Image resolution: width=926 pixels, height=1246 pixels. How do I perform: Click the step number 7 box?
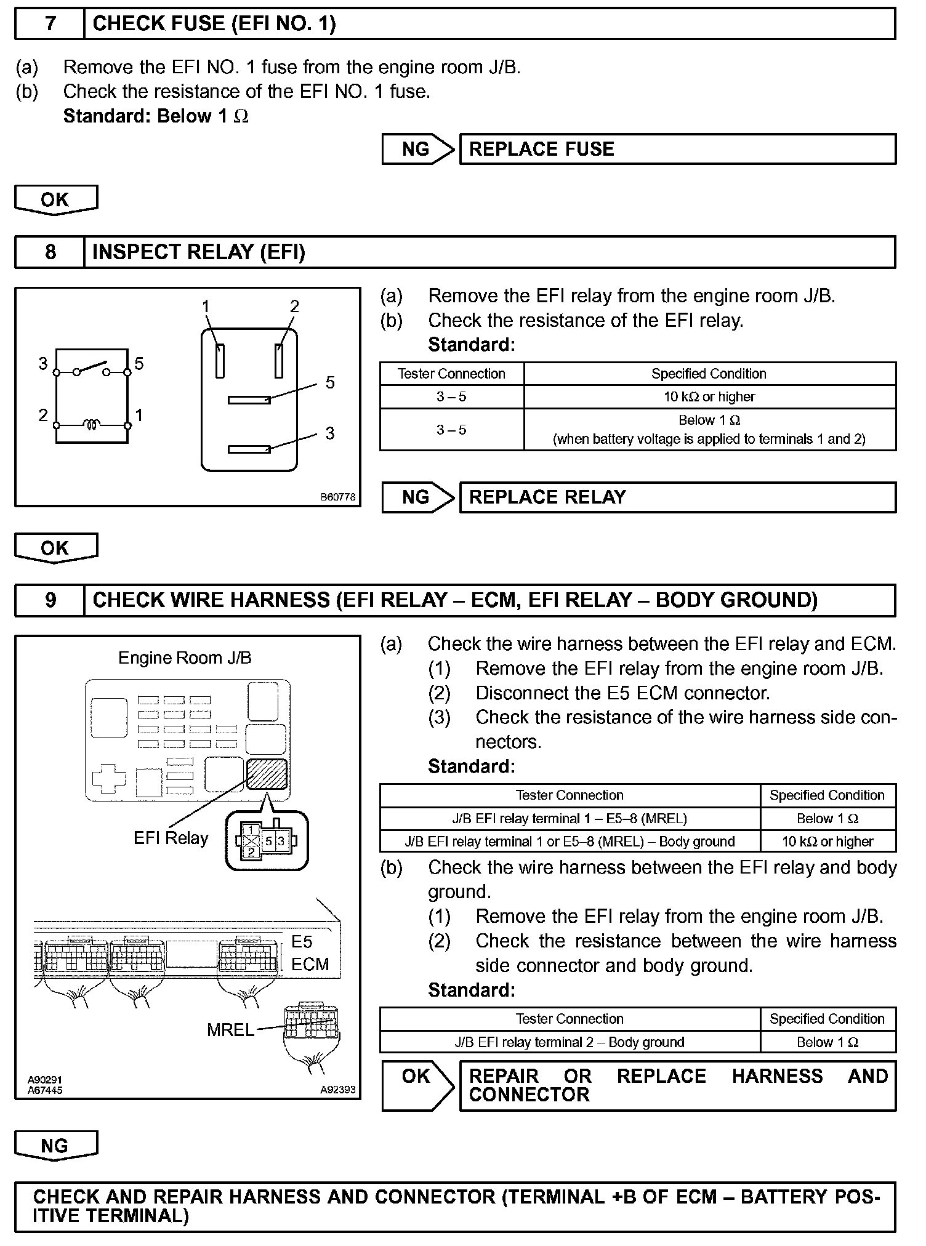coord(50,24)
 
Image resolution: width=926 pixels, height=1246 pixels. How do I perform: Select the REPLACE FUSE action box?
coord(677,149)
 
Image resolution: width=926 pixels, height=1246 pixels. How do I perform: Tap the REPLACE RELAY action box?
coord(677,497)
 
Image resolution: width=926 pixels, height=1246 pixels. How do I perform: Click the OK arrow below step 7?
coord(55,200)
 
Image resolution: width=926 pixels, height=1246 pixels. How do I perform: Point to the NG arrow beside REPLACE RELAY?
coord(417,497)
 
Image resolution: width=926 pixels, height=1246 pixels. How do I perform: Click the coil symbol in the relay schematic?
coord(92,424)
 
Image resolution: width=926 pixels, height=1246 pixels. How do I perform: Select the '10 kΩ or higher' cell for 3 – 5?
coord(709,397)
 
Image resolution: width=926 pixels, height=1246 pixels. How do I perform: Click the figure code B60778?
coord(337,497)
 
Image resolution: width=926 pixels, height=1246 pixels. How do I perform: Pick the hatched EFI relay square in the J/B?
coord(267,774)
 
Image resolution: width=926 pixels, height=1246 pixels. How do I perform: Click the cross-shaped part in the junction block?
coord(108,779)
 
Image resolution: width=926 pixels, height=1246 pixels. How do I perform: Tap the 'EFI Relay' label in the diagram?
coord(171,838)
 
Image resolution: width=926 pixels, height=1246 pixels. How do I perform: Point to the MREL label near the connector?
coord(230,1030)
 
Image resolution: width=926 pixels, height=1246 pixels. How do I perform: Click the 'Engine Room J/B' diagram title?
coord(185,658)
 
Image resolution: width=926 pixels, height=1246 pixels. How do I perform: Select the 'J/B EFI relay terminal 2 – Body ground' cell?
coord(570,1042)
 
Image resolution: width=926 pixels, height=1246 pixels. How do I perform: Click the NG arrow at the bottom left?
coord(55,1146)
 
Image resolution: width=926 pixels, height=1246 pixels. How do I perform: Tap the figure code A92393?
coord(337,1089)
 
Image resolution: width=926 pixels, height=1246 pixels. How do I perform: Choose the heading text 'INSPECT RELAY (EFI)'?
coord(198,252)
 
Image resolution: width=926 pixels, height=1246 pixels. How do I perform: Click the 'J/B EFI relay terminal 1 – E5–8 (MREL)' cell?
coord(570,819)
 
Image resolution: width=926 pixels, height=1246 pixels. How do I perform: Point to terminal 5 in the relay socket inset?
coord(268,841)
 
